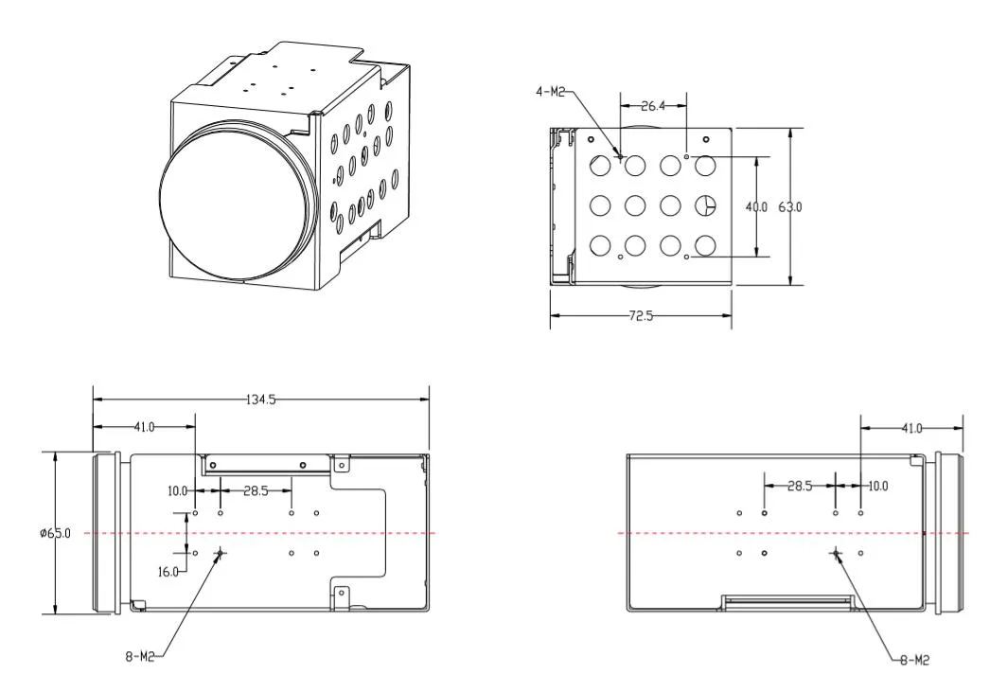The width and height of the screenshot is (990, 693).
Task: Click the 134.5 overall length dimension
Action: coord(260,400)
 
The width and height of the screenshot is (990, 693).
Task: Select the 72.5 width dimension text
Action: coord(641,316)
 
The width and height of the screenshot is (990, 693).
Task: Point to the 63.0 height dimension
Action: coord(789,206)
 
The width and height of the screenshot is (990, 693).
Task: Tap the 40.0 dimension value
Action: coord(756,206)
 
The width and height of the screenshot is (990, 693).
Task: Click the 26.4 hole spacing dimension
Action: coord(653,106)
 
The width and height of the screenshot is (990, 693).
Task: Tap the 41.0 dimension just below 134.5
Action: coord(144,428)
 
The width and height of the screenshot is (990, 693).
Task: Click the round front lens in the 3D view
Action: coord(234,205)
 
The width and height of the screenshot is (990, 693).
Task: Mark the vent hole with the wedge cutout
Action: coord(705,204)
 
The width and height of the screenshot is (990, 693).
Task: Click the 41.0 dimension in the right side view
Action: coord(910,428)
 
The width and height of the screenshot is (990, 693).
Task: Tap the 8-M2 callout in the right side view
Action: coord(913,660)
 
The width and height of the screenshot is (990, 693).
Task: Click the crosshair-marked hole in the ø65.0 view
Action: coord(220,553)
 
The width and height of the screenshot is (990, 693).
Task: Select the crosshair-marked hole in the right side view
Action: coord(836,553)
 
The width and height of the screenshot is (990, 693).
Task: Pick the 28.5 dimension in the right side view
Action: coord(800,486)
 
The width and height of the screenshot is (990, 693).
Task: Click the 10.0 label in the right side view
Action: coord(877,486)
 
